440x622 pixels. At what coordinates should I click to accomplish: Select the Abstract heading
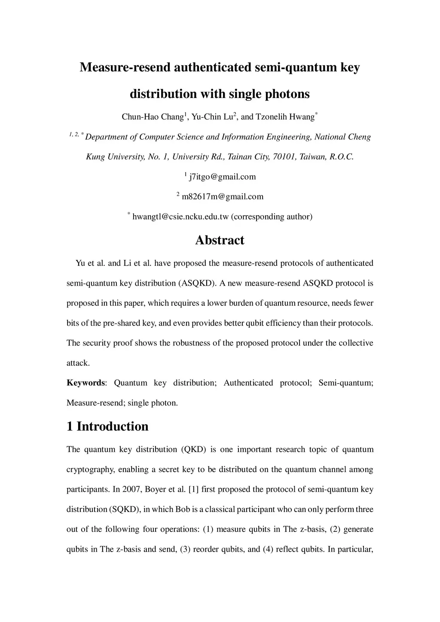point(220,240)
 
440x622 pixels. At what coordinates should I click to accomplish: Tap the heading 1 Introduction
point(107,426)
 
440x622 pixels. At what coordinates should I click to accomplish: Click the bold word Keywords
point(86,383)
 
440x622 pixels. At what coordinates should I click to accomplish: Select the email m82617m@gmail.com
point(223,197)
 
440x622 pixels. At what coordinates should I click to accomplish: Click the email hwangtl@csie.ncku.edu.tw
point(180,216)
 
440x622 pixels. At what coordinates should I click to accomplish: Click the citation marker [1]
point(193,489)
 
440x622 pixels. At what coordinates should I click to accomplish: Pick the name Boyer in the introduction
point(155,489)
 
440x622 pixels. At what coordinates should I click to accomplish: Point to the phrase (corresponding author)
point(272,216)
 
